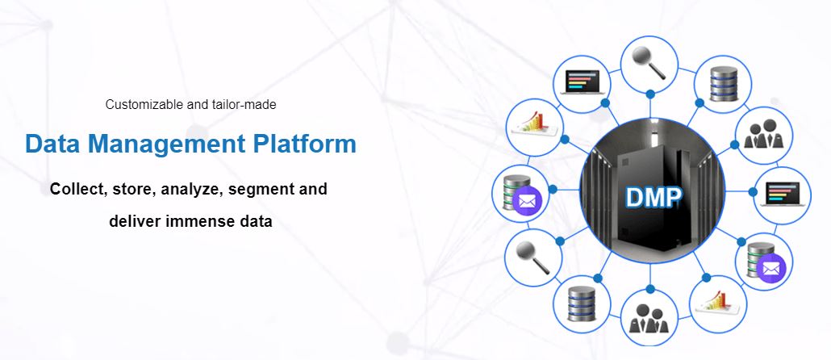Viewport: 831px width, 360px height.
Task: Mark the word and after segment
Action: click(311, 189)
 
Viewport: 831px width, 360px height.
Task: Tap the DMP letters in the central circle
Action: click(653, 196)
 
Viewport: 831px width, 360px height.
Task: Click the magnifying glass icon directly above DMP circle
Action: click(649, 64)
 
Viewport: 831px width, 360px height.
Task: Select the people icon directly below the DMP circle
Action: click(649, 318)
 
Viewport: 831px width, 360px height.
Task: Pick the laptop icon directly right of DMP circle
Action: click(783, 194)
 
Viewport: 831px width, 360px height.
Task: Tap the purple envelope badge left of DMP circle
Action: click(527, 201)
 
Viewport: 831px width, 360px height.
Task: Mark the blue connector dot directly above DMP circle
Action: click(650, 94)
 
